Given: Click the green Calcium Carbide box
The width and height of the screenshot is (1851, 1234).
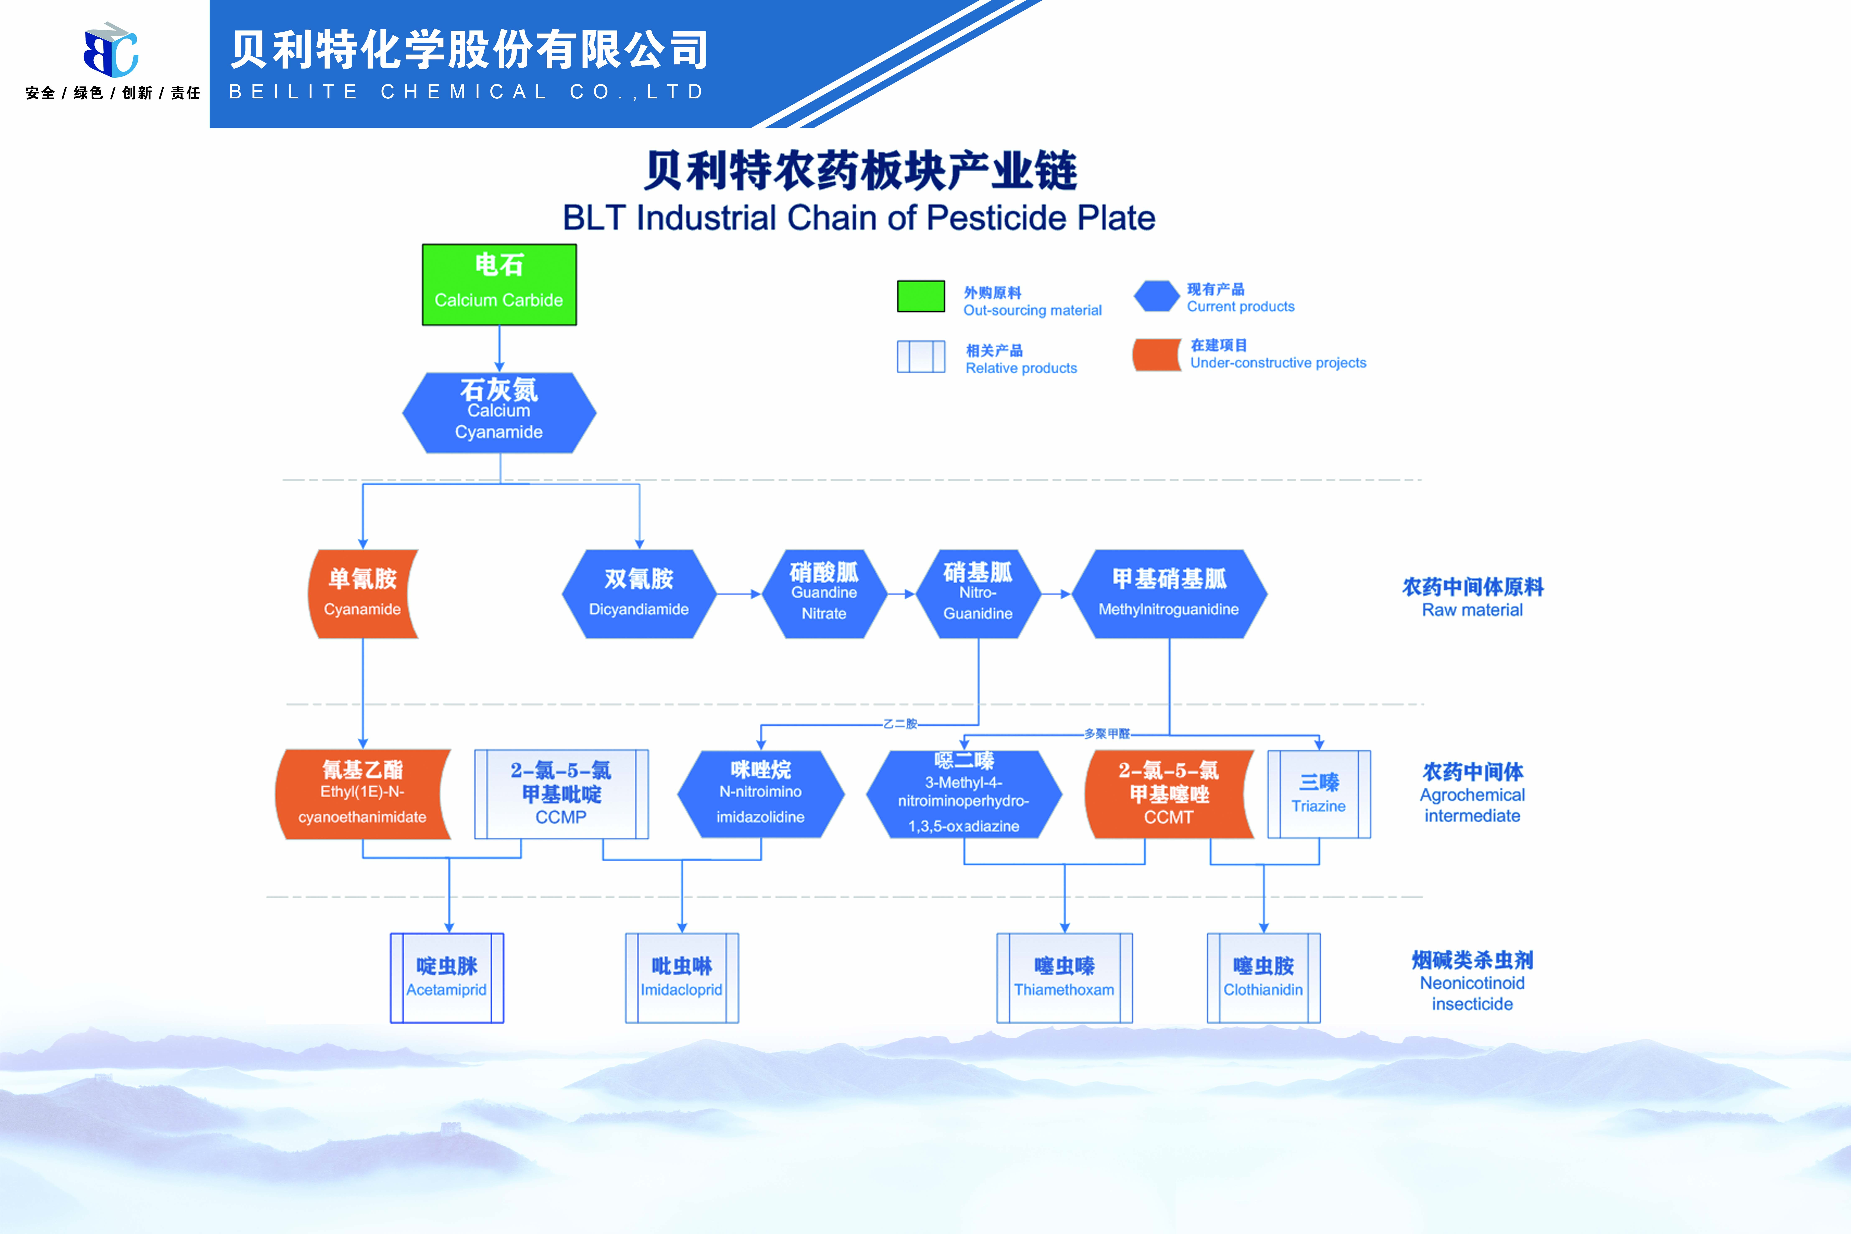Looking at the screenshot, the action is click(x=499, y=284).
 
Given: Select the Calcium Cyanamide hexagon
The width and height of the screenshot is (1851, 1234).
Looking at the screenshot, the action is click(x=499, y=412).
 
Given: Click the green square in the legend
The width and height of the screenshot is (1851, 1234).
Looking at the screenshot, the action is click(x=921, y=296).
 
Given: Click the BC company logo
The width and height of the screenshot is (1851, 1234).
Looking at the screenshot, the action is click(x=111, y=50).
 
